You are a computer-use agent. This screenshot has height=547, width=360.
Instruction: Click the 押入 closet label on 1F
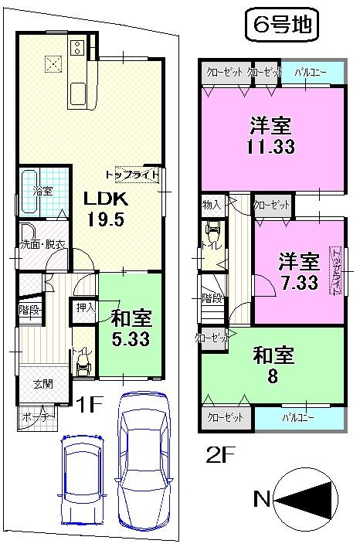84,307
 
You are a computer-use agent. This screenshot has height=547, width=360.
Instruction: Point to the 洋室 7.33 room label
297,270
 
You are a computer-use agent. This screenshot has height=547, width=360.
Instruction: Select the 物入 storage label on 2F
211,205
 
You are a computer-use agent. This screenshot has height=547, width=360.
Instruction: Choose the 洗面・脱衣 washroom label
42,244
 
